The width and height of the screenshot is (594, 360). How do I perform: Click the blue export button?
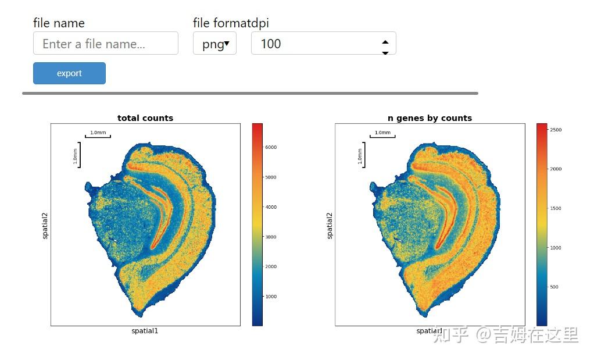pyautogui.click(x=69, y=73)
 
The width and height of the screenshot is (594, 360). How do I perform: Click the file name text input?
pyautogui.click(x=105, y=44)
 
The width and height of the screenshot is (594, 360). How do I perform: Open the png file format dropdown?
pyautogui.click(x=214, y=44)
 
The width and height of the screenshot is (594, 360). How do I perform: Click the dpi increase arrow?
pyautogui.click(x=385, y=41)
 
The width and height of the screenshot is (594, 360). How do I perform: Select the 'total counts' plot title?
pyautogui.click(x=145, y=118)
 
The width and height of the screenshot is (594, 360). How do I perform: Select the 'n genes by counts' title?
pyautogui.click(x=430, y=118)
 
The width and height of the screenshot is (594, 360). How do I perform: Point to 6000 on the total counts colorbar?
pyautogui.click(x=270, y=148)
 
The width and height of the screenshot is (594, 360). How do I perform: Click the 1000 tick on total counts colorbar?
pyautogui.click(x=270, y=297)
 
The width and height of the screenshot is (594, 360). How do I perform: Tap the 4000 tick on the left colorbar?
pyautogui.click(x=270, y=207)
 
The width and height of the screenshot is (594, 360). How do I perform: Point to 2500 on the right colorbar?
pyautogui.click(x=555, y=130)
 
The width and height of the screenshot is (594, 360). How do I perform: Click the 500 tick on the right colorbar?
pyautogui.click(x=554, y=287)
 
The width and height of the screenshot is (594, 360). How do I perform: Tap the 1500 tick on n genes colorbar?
pyautogui.click(x=555, y=208)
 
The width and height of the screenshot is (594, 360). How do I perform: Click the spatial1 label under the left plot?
pyautogui.click(x=145, y=332)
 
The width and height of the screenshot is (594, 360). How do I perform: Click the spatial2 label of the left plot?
pyautogui.click(x=45, y=226)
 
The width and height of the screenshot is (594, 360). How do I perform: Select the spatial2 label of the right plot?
pyautogui.click(x=330, y=226)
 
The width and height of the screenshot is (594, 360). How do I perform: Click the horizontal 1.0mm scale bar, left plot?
pyautogui.click(x=98, y=136)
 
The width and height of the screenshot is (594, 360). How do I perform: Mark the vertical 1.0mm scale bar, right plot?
pyautogui.click(x=363, y=155)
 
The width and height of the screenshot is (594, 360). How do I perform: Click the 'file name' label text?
pyautogui.click(x=59, y=23)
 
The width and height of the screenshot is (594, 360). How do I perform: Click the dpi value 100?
pyautogui.click(x=271, y=44)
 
